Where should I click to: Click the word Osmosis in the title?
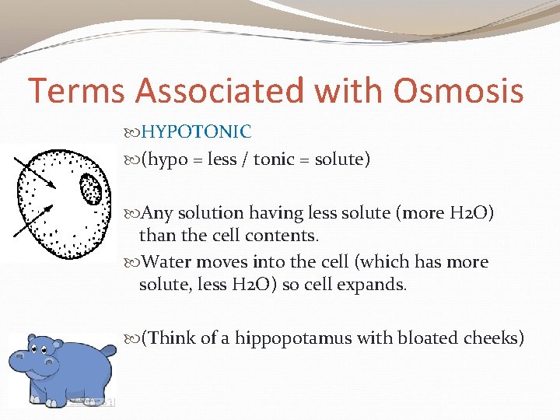tap(458, 91)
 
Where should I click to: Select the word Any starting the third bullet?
tap(158, 213)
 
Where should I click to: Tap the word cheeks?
tap(492, 338)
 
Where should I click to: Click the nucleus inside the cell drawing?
tap(91, 189)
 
